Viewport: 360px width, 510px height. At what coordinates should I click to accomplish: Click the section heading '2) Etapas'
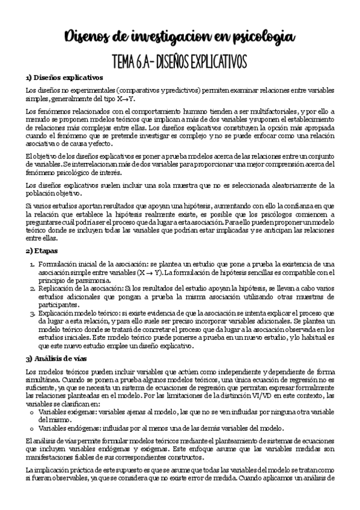(x=42, y=250)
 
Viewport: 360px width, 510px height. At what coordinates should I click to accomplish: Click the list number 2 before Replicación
(x=32, y=289)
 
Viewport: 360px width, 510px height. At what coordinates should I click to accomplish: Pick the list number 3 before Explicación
(x=32, y=313)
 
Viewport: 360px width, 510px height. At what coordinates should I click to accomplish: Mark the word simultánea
(x=45, y=380)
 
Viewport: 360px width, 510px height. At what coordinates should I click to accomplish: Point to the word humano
(x=180, y=111)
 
